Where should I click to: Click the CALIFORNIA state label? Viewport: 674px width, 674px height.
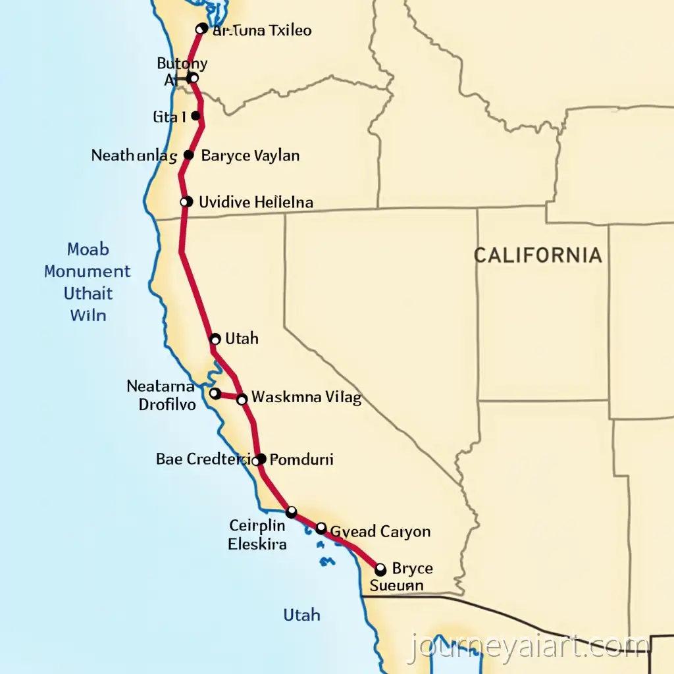coord(538,255)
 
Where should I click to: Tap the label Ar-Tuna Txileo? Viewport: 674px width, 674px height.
coord(262,30)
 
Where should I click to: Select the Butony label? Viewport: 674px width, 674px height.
coord(182,64)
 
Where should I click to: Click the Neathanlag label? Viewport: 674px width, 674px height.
coord(134,156)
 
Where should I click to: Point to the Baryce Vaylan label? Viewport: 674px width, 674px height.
coord(250,156)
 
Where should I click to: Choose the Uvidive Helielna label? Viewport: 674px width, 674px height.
coord(255,202)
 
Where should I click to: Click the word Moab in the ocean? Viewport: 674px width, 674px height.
coord(88,250)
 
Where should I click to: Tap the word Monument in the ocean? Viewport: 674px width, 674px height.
coord(88,271)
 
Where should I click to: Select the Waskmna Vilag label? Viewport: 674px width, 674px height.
coord(307,398)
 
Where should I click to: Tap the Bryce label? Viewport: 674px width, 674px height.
coord(412,568)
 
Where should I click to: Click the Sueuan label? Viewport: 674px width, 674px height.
coord(396,584)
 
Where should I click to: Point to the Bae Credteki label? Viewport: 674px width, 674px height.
coord(203,459)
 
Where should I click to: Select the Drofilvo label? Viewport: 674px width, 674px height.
coord(167,405)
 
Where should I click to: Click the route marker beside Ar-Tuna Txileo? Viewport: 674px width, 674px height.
coord(202,29)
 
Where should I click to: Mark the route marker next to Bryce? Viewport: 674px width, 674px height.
coord(380,569)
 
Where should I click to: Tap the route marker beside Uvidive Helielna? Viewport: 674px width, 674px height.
coord(186,202)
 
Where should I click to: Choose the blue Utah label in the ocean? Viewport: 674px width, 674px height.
coord(301,615)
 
